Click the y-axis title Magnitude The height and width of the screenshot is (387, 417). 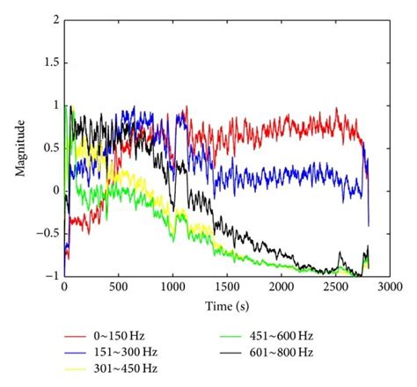(19, 147)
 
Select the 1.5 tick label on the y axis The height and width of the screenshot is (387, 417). (50, 62)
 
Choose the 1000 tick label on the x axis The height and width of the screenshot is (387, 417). (172, 288)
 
